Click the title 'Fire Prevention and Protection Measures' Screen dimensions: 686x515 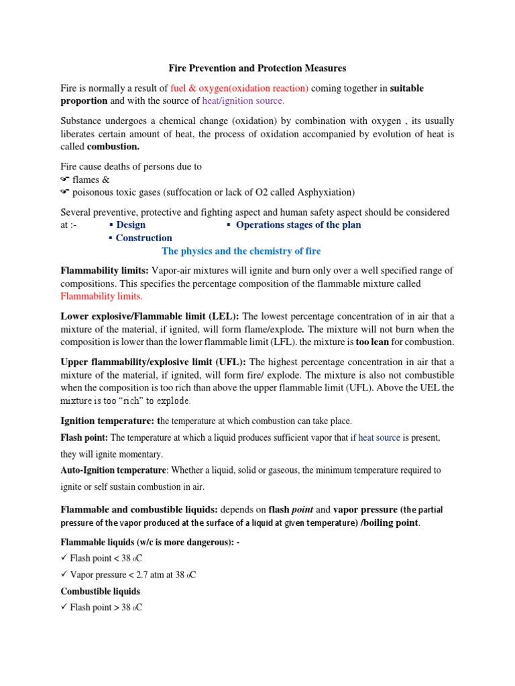coord(257,68)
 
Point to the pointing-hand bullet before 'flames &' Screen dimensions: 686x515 coord(65,180)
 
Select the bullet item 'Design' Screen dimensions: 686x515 coord(130,225)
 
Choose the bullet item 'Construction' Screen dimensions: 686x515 coord(144,238)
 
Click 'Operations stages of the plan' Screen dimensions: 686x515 coord(298,225)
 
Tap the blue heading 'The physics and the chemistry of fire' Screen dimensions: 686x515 coord(241,251)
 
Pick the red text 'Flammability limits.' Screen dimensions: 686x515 coord(102,297)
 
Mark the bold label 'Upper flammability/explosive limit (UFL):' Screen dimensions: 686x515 coord(154,362)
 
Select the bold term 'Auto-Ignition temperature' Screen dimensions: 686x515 coord(113,470)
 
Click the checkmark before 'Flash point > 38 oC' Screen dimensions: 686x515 coord(64,608)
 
